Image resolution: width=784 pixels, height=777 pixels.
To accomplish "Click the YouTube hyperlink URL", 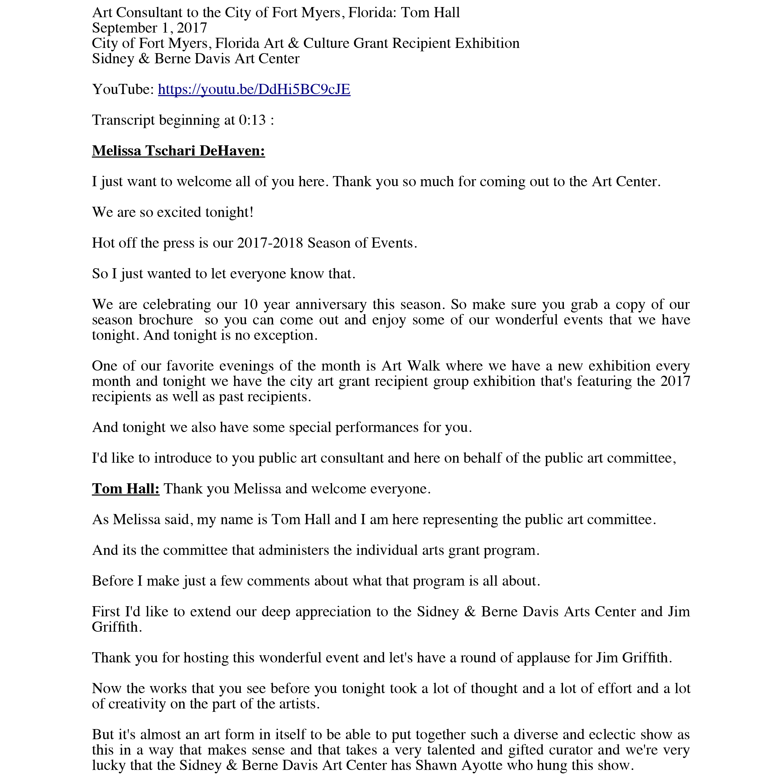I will pyautogui.click(x=254, y=89).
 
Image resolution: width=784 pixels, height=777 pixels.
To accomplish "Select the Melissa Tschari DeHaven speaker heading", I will pyautogui.click(x=179, y=151).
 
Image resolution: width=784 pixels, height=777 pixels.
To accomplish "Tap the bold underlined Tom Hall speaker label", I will pyautogui.click(x=126, y=489).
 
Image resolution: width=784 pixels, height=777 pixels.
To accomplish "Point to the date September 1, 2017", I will pyautogui.click(x=150, y=28).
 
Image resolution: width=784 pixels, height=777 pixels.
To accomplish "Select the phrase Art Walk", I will pyautogui.click(x=411, y=366).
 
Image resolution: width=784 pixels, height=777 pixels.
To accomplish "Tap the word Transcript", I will pyautogui.click(x=124, y=120).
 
